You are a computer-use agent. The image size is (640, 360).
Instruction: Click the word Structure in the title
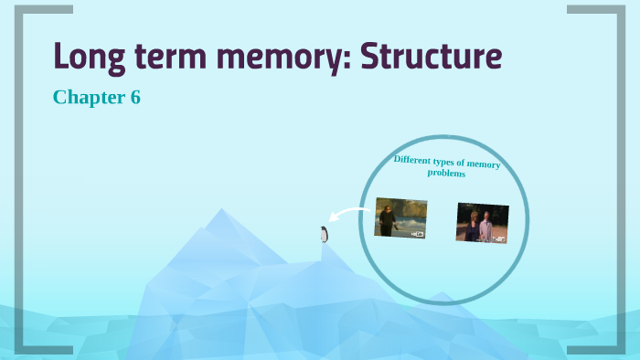[x=432, y=57]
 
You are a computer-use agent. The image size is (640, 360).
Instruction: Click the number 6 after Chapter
[x=135, y=97]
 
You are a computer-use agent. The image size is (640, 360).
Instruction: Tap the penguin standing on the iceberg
[x=324, y=234]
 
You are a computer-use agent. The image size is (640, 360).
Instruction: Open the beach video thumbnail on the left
[x=400, y=218]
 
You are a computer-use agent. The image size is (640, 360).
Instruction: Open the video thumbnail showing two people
[x=482, y=223]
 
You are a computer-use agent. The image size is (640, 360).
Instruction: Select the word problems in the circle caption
[x=446, y=173]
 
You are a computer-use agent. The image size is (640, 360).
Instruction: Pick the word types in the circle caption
[x=456, y=162]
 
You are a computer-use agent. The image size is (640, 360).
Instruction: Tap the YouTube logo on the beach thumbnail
[x=418, y=234]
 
